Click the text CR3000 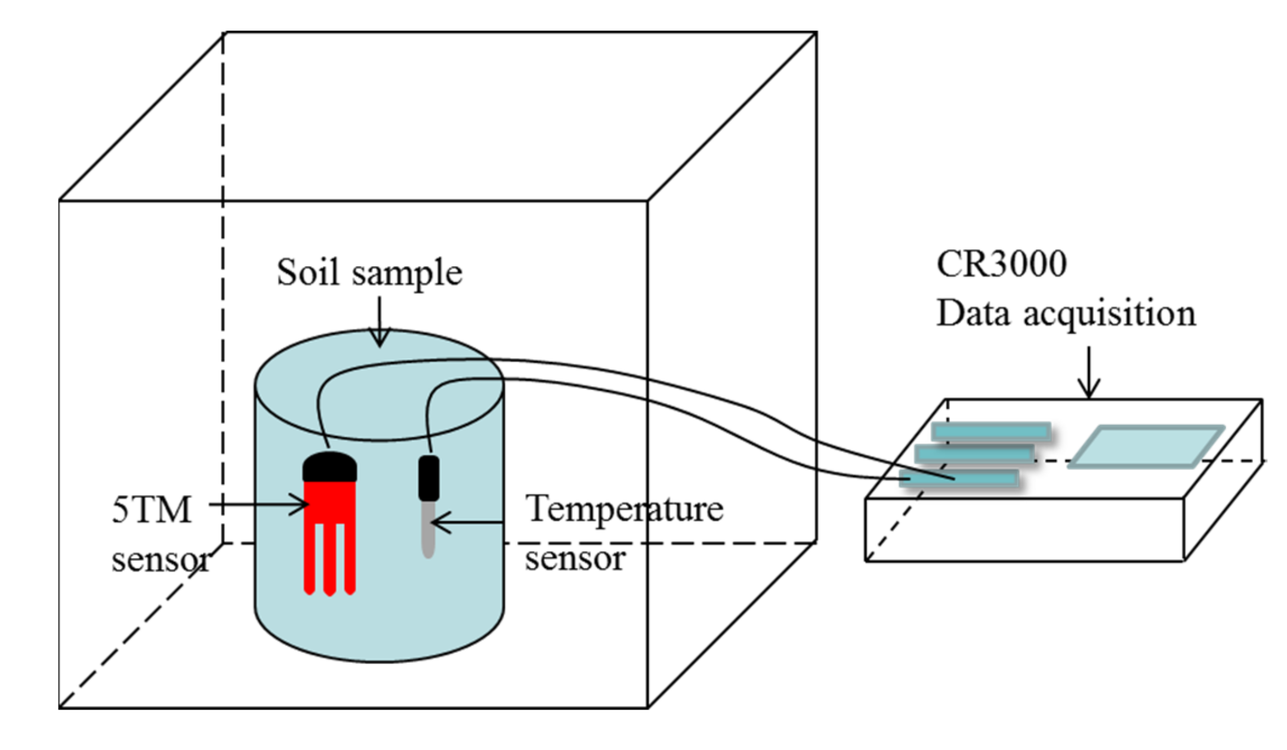point(1001,264)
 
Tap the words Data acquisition point(1066,313)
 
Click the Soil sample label point(369,273)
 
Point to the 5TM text point(152,511)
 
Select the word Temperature point(624,510)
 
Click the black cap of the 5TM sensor point(329,467)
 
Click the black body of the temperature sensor point(428,478)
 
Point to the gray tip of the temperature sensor point(428,531)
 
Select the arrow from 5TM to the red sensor point(258,505)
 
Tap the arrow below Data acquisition point(1089,372)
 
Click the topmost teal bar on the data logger point(990,431)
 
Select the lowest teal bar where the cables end point(958,479)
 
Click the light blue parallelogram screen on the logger point(1146,446)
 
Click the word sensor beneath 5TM point(160,560)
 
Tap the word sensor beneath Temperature point(575,558)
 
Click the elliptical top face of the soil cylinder point(379,406)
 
